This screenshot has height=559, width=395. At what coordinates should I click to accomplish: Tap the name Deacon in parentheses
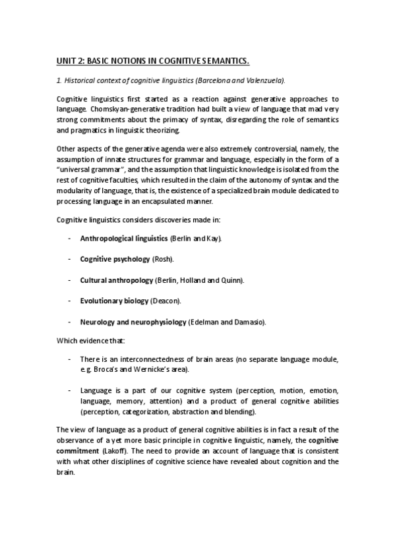167,301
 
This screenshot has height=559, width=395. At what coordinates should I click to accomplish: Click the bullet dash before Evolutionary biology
69,301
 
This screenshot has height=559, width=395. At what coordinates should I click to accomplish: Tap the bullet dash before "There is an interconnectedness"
69,359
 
